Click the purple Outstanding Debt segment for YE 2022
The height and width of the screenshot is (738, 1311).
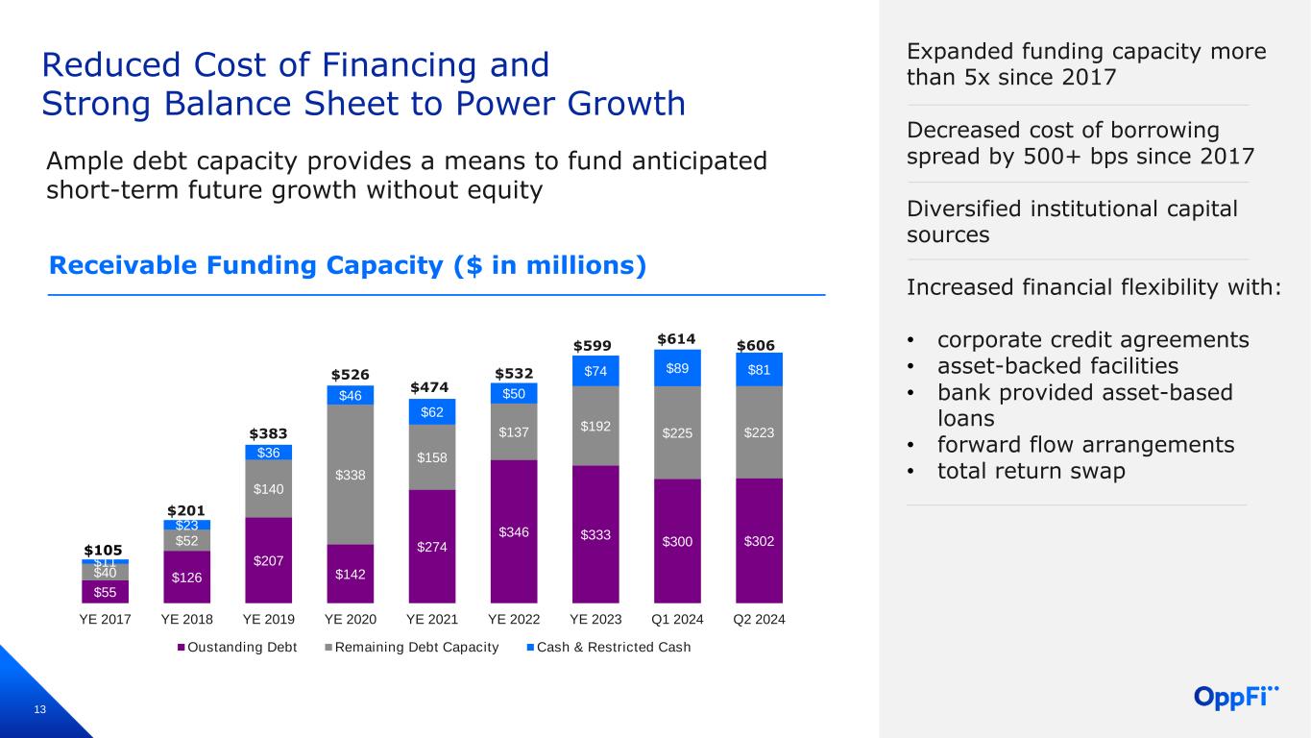point(514,531)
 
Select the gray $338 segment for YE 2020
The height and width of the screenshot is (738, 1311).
point(350,475)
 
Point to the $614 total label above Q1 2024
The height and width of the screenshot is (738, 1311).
point(676,338)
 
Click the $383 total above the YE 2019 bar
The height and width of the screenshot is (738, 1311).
point(268,435)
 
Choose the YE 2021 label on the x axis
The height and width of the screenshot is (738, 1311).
point(431,619)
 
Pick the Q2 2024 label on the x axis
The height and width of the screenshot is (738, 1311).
point(759,619)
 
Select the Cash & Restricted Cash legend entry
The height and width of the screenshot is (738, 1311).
point(611,648)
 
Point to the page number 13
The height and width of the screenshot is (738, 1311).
point(39,709)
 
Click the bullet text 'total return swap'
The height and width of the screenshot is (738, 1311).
point(1031,471)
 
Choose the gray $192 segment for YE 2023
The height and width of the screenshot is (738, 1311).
point(595,426)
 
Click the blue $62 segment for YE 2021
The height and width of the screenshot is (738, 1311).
point(431,411)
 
